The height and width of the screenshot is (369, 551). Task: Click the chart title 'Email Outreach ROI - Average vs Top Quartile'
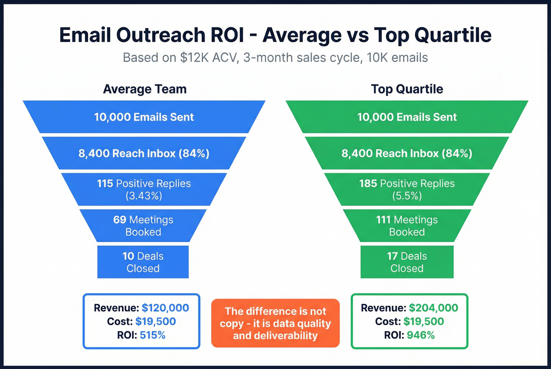275,35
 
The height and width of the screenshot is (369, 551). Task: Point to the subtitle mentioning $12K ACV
275,58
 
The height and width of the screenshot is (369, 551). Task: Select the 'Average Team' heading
144,89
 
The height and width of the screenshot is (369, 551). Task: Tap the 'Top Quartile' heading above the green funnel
407,89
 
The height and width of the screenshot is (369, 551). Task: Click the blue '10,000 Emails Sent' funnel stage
144,117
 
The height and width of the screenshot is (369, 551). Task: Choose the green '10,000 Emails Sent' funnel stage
407,117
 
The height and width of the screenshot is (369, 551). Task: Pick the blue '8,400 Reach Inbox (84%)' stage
144,153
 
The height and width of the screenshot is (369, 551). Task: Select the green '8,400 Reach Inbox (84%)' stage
407,153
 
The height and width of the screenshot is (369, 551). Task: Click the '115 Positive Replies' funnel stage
144,189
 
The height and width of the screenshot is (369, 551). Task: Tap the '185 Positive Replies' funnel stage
407,189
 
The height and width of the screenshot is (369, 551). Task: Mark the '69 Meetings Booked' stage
143,226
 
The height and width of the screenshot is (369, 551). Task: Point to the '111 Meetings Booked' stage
407,226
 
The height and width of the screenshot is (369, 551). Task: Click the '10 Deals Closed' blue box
143,262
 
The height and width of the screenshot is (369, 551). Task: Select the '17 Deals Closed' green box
407,262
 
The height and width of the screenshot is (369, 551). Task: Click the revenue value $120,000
165,308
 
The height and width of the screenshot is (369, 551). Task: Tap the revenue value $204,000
433,308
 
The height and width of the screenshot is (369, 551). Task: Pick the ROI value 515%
153,335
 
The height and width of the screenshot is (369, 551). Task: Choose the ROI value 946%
421,335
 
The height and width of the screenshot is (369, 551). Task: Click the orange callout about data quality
275,323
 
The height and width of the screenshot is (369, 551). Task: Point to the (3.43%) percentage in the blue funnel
144,196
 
